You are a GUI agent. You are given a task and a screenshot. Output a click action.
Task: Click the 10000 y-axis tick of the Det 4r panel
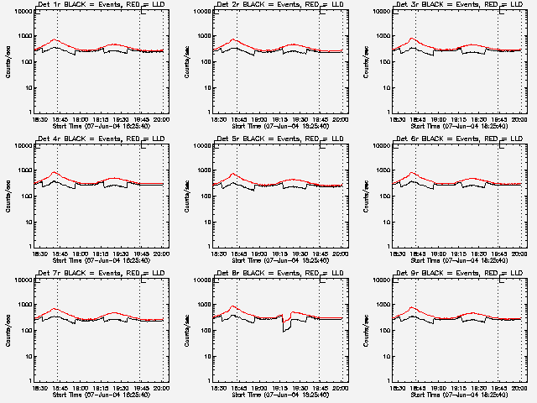[x=21, y=146]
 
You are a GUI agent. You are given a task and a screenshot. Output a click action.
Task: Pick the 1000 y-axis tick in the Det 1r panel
[x=23, y=37]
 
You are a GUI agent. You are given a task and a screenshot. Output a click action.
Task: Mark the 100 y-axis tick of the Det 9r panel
[x=383, y=331]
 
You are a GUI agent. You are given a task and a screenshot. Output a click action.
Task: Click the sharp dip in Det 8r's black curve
[x=285, y=330]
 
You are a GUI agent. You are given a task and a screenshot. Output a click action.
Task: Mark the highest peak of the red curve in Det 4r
[x=55, y=173]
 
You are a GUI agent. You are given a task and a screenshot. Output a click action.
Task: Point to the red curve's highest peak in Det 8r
[x=234, y=306]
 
